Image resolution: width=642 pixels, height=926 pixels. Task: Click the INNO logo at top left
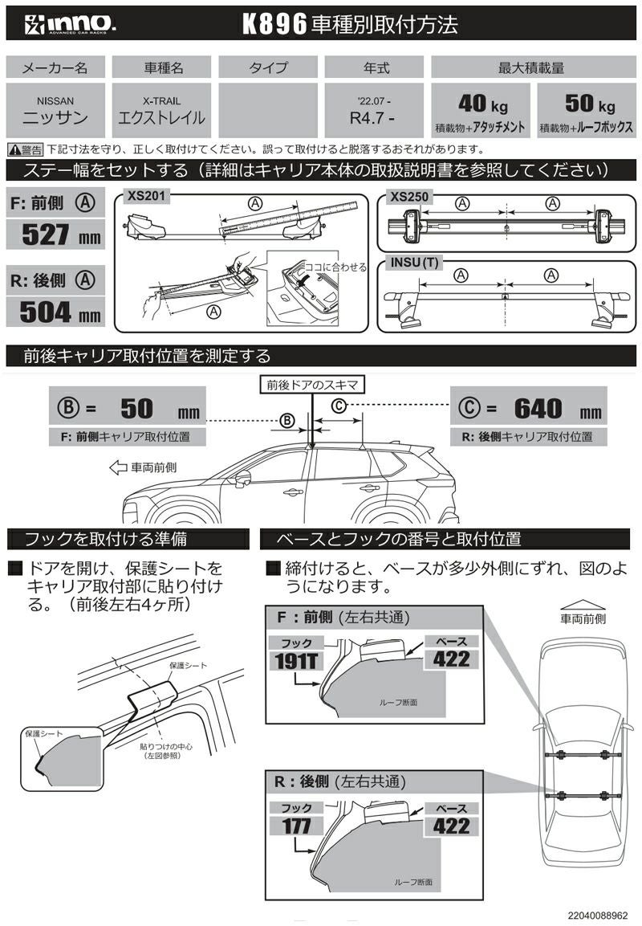pos(61,24)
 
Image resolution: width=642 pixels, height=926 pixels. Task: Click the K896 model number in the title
pos(275,25)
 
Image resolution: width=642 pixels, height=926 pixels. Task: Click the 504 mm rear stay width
pos(55,311)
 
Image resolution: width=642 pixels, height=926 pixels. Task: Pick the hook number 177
pos(297,825)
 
